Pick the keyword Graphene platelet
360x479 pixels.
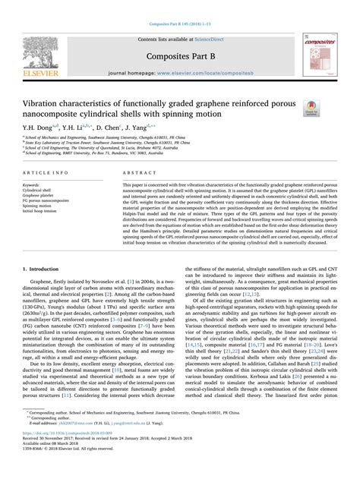click(x=42, y=195)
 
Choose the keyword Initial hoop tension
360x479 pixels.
click(x=43, y=211)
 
